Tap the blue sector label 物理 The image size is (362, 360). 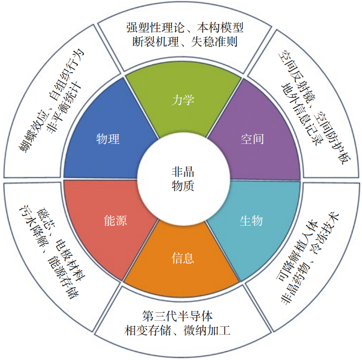108,139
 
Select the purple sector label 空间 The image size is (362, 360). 252,139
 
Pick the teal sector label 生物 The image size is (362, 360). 251,221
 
